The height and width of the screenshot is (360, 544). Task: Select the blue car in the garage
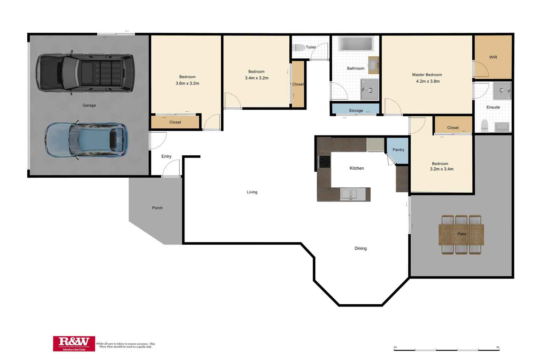tap(86, 140)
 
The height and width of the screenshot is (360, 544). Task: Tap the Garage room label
tap(89, 105)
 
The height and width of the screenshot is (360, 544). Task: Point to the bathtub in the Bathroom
tap(355, 44)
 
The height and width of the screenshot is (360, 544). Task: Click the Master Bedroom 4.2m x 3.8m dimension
tap(428, 81)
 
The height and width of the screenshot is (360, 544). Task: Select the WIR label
tap(493, 57)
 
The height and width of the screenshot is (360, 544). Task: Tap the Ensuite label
tap(493, 107)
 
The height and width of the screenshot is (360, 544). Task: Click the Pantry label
tap(398, 150)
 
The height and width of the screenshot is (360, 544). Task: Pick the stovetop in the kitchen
tap(324, 162)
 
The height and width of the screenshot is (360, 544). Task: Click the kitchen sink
tap(353, 194)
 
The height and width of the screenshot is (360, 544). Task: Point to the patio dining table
tap(461, 234)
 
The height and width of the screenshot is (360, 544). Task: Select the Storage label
tap(356, 111)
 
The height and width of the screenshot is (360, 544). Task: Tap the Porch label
tap(157, 208)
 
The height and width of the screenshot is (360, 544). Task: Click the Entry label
tap(166, 156)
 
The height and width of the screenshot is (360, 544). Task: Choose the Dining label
tap(360, 248)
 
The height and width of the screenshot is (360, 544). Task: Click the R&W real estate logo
tap(74, 343)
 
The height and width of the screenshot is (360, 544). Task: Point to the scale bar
tap(446, 350)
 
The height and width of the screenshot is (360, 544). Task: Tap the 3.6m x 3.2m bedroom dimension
tap(187, 83)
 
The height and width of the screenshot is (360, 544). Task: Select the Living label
tap(252, 192)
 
